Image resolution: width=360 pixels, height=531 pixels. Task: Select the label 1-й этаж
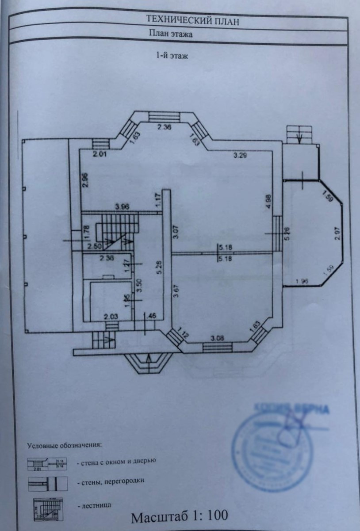pyautogui.click(x=171, y=56)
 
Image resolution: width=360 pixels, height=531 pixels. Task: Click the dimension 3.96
pyautogui.click(x=122, y=206)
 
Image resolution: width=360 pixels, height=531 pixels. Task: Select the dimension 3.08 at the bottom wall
pyautogui.click(x=217, y=339)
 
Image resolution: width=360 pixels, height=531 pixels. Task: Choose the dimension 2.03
pyautogui.click(x=110, y=316)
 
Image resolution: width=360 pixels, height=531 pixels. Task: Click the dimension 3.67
pyautogui.click(x=176, y=290)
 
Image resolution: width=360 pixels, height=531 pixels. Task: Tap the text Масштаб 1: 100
pyautogui.click(x=180, y=516)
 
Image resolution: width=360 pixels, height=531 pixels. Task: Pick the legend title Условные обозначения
pyautogui.click(x=64, y=444)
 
